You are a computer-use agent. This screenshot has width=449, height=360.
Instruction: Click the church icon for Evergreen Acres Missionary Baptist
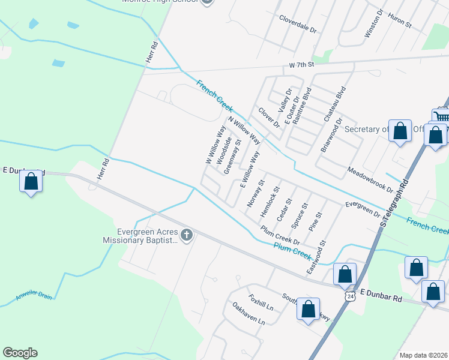tap(187, 235)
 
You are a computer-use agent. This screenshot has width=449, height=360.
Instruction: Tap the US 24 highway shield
tap(351, 295)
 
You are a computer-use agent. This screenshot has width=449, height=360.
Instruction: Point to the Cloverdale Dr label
tap(297, 23)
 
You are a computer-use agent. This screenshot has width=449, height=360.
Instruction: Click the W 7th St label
tap(301, 64)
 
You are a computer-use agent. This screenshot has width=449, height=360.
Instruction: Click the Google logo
tap(20, 353)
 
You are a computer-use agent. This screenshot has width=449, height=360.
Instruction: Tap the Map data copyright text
tap(423, 355)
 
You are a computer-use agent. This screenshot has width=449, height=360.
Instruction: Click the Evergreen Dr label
tap(363, 208)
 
